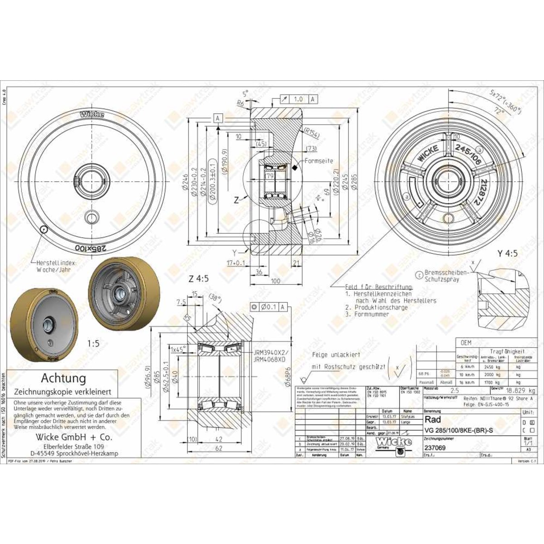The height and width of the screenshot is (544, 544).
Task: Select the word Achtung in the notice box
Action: pyautogui.click(x=63, y=378)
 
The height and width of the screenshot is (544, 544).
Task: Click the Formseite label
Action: pyautogui.click(x=319, y=161)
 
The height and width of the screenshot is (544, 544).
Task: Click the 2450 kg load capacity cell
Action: pyautogui.click(x=489, y=367)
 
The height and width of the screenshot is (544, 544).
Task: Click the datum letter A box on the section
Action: pyautogui.click(x=218, y=119)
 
